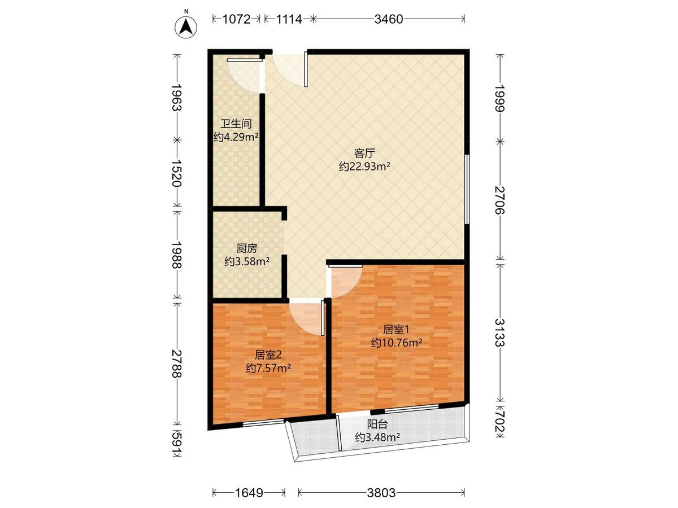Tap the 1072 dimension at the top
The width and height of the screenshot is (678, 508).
point(236,19)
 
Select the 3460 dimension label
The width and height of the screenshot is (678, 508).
point(389,19)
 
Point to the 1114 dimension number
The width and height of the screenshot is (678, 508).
point(289,19)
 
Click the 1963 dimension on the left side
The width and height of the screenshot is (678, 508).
point(177,97)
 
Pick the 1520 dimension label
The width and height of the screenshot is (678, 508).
point(177,173)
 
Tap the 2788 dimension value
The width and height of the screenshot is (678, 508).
point(177,364)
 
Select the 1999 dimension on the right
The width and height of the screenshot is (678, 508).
point(500,98)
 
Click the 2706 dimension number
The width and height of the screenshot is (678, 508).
point(500,200)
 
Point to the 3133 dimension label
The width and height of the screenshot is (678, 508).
point(500,332)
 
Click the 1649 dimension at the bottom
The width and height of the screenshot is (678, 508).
point(249,493)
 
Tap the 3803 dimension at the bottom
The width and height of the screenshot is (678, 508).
point(381,493)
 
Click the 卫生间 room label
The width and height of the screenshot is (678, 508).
point(236,124)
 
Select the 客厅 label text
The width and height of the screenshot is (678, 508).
point(364,153)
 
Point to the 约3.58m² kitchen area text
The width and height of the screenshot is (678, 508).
point(247,261)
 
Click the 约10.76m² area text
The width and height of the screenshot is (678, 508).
point(397,343)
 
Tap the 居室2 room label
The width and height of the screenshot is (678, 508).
point(268,355)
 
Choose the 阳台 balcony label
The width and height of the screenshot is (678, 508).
point(377,424)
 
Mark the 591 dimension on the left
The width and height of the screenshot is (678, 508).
point(177,445)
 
